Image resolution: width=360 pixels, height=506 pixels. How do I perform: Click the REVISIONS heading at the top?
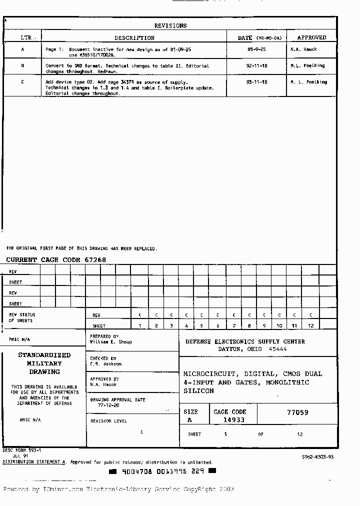tap(170, 25)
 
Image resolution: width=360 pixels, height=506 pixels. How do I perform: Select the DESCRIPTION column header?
tap(134, 38)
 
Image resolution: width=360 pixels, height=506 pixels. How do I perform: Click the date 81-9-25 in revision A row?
tap(257, 49)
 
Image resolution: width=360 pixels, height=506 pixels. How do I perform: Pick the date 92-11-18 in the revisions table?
tap(257, 65)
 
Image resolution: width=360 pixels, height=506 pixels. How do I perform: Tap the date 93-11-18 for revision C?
tap(257, 82)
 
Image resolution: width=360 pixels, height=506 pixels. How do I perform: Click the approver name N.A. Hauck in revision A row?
tap(303, 49)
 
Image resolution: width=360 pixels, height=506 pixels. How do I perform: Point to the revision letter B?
tap(22, 65)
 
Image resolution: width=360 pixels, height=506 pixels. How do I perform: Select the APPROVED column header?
tap(311, 38)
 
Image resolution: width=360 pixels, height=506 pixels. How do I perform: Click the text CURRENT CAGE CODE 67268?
tap(56, 260)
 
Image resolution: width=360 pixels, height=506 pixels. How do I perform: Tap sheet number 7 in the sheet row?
tap(233, 326)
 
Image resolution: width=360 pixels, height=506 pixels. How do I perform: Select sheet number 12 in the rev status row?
tap(310, 326)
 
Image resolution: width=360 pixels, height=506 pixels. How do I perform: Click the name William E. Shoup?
tap(110, 342)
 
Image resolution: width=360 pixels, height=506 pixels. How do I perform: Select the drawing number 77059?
tap(297, 412)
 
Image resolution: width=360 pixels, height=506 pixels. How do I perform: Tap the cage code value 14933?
tap(233, 420)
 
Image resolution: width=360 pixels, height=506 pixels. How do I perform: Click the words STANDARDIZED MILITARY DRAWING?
tap(44, 363)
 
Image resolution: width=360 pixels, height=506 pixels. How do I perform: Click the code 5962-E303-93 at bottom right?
tap(317, 457)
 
